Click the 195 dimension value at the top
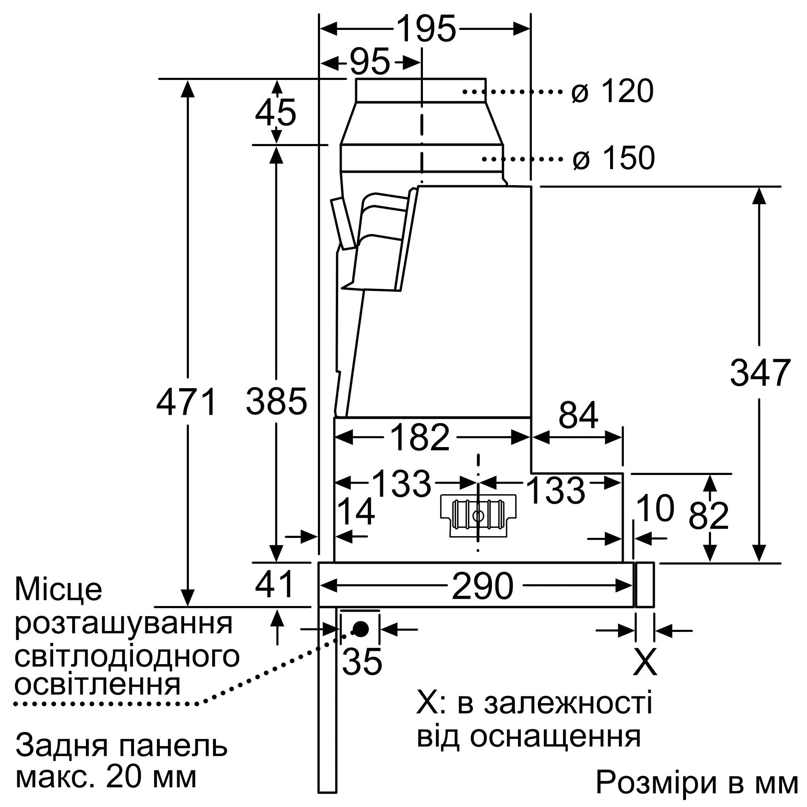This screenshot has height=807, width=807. (426, 29)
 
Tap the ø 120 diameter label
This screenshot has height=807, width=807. (613, 91)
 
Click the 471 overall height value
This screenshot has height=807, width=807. (187, 402)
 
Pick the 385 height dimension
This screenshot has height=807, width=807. (276, 402)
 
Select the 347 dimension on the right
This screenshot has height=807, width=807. (760, 372)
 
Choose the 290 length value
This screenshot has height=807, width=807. (483, 586)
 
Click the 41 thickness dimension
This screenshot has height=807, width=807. (274, 584)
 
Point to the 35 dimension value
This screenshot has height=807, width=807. (362, 662)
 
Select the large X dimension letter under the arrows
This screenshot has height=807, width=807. (645, 662)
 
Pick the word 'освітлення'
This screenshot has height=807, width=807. (97, 684)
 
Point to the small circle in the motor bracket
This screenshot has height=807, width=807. (478, 516)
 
